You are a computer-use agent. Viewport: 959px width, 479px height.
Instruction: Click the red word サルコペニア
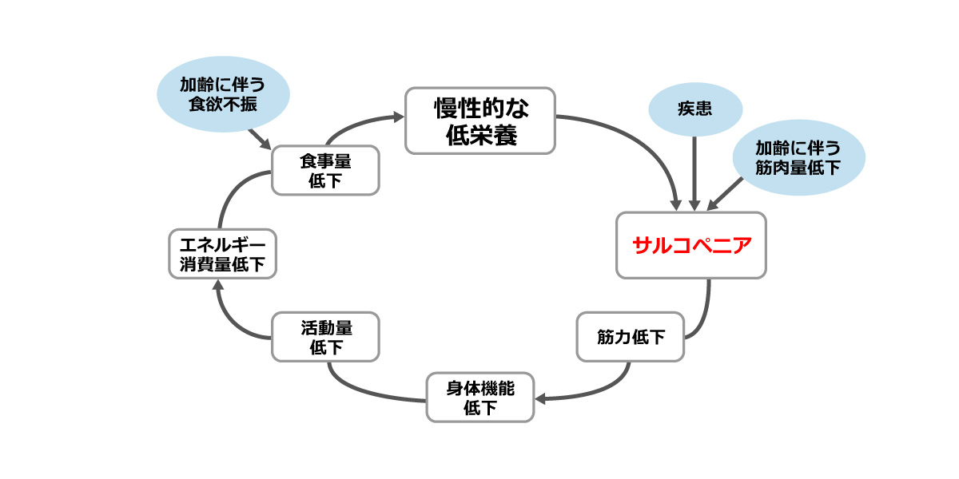pos(691,245)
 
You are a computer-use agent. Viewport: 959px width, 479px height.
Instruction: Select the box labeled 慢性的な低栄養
pos(480,121)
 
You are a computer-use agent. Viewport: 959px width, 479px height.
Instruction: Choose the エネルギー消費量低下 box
pos(223,254)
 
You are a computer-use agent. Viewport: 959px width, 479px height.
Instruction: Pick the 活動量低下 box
pos(325,337)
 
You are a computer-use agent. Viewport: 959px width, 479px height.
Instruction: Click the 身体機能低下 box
pos(480,398)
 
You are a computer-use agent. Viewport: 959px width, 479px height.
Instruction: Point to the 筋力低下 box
pos(631,337)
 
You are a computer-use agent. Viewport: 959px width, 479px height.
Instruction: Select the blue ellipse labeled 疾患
pos(694,110)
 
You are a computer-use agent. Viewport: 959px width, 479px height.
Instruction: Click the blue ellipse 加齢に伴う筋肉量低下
pos(798,157)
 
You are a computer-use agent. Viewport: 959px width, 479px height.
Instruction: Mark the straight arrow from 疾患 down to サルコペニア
pos(694,172)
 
